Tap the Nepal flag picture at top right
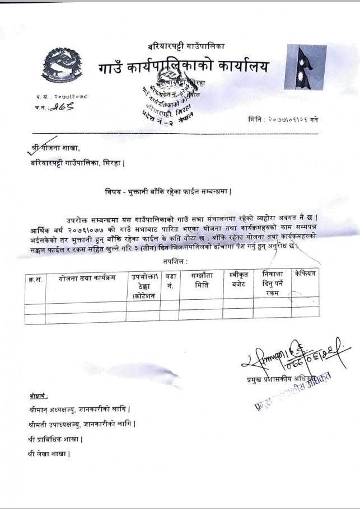point(305,68)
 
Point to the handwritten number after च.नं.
point(62,107)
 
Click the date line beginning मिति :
point(283,120)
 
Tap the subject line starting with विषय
point(169,191)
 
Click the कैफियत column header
point(305,274)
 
